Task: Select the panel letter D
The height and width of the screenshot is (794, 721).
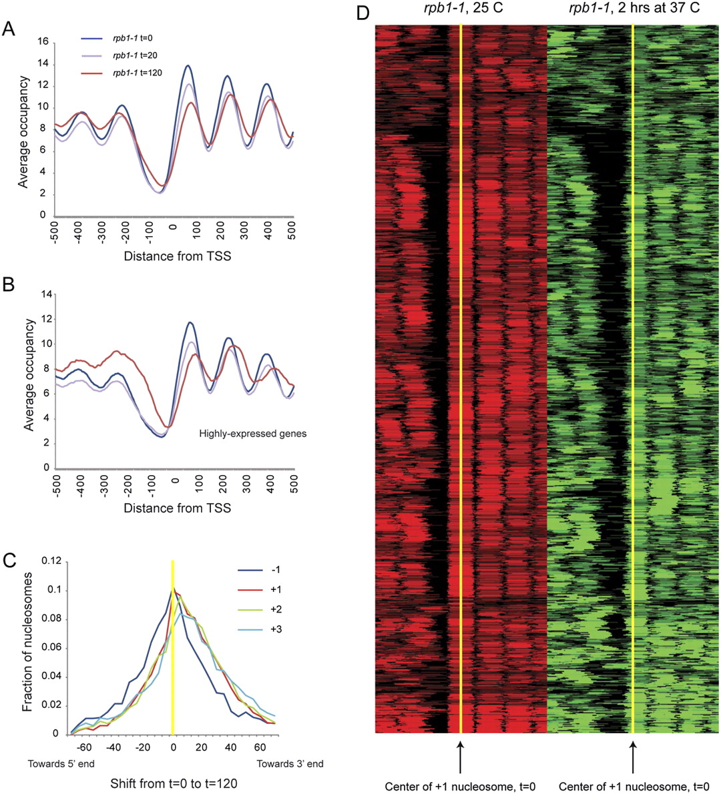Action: click(362, 13)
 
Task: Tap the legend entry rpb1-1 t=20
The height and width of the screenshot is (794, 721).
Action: click(135, 55)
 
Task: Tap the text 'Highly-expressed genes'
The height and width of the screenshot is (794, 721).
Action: click(253, 434)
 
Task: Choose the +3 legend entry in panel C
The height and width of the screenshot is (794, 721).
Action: click(274, 629)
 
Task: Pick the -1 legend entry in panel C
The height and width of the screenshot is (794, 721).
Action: click(274, 570)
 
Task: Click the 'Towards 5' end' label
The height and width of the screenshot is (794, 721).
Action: click(61, 764)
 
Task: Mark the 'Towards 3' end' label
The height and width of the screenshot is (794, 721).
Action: click(290, 764)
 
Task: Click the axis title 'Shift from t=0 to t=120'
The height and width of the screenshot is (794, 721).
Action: click(174, 784)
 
